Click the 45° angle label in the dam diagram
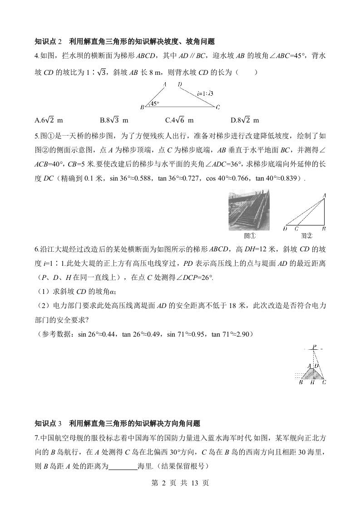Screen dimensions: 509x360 pos(155,104)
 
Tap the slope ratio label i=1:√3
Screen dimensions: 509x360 pos(205,94)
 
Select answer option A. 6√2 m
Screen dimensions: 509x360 pos(49,120)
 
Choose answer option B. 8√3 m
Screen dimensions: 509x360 pos(114,120)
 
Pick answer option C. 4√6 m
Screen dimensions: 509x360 pos(179,120)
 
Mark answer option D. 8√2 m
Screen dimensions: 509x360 pos(245,120)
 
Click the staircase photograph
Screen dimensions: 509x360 pos(248,210)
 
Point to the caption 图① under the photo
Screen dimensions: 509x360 pos(249,235)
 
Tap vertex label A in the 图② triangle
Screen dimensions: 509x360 pos(325,196)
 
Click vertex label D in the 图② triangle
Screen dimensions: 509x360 pos(285,229)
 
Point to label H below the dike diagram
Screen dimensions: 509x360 pos(312,382)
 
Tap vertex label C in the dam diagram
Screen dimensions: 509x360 pos(218,108)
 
